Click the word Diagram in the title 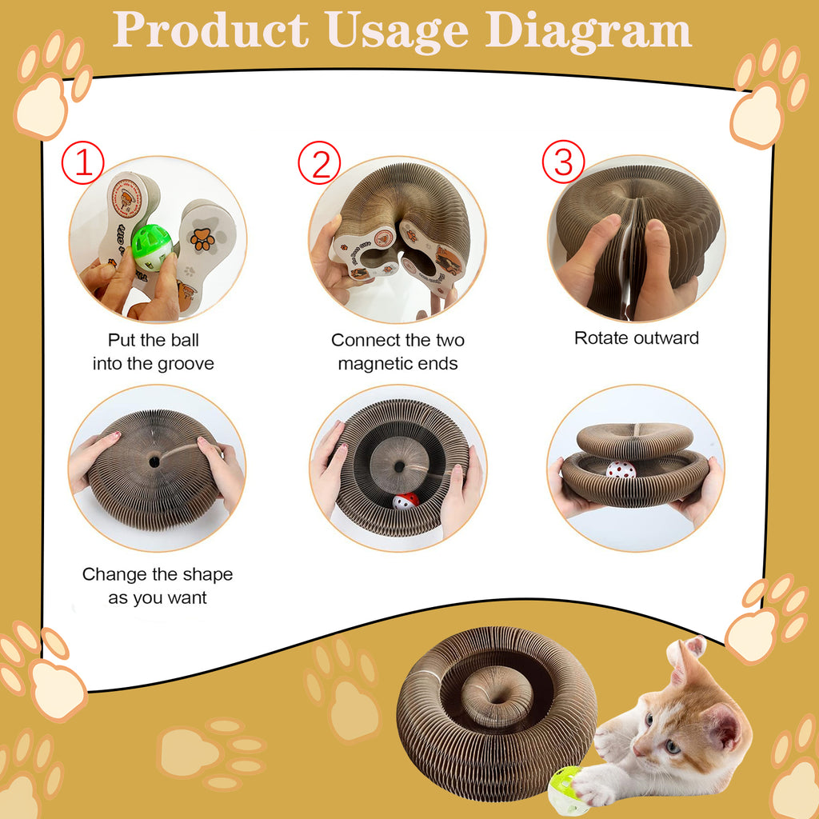tap(588, 30)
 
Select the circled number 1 tap(83, 162)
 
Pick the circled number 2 tap(319, 162)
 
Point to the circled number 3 tap(563, 162)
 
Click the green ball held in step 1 tap(152, 248)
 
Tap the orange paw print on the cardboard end tap(202, 239)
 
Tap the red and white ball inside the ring tap(406, 501)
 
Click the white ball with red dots tap(621, 469)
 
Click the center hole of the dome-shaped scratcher tap(154, 461)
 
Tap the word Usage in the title tap(397, 32)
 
